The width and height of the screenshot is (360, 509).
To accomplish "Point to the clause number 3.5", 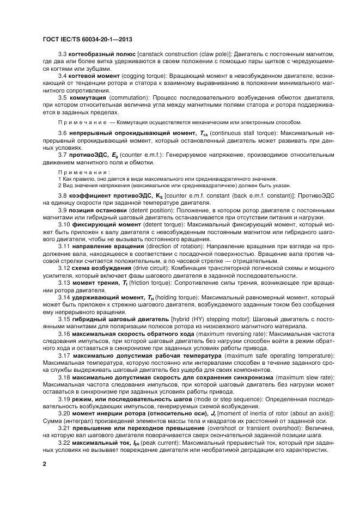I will (x=63, y=97).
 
